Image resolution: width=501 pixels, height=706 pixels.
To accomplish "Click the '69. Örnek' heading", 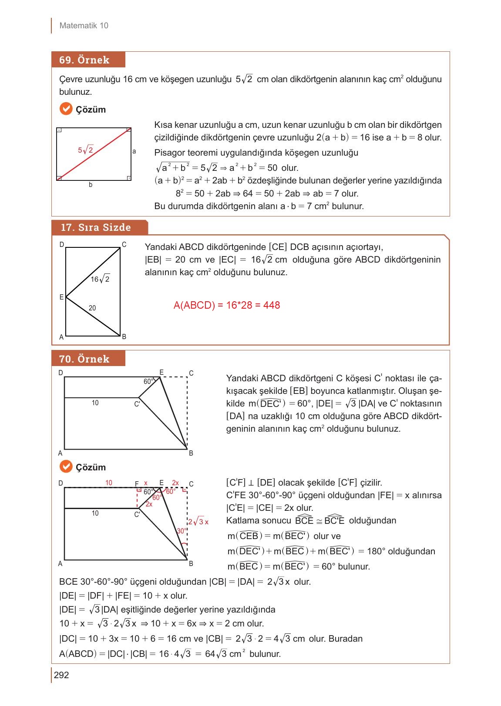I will click(x=84, y=60).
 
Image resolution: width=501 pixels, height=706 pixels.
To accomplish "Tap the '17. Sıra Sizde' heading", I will click(x=96, y=227).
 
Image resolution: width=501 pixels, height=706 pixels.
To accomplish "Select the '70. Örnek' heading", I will click(x=84, y=359).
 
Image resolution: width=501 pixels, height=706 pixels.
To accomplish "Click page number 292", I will click(x=61, y=675).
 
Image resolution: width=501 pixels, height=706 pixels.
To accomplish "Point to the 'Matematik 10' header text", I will click(x=84, y=26).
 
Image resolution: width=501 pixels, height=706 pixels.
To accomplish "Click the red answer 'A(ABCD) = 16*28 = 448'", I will click(x=226, y=305).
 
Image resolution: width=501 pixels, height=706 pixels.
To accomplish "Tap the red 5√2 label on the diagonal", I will click(x=86, y=150).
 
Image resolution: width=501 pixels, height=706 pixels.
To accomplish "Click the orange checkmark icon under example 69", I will click(x=66, y=109).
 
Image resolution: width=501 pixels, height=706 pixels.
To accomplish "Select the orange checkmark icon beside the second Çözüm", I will click(x=66, y=466).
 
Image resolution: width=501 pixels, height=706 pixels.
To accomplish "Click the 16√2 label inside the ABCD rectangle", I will click(x=100, y=279).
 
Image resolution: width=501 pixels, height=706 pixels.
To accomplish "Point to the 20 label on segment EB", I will click(x=92, y=308).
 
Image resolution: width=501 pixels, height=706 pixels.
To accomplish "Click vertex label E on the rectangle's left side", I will click(x=61, y=297).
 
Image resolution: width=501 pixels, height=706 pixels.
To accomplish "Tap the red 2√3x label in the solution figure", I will click(x=199, y=522).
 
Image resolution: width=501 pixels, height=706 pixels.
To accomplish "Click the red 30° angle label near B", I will click(x=182, y=531).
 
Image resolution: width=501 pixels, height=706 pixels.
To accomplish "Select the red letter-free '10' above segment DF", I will click(x=109, y=483).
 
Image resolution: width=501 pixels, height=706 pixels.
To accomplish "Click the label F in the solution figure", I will click(x=136, y=483).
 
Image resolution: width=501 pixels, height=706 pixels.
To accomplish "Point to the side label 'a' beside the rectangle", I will click(x=134, y=152).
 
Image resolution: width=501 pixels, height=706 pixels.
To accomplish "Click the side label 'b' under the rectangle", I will click(x=91, y=185).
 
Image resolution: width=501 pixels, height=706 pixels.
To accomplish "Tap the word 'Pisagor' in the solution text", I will click(x=169, y=153).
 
